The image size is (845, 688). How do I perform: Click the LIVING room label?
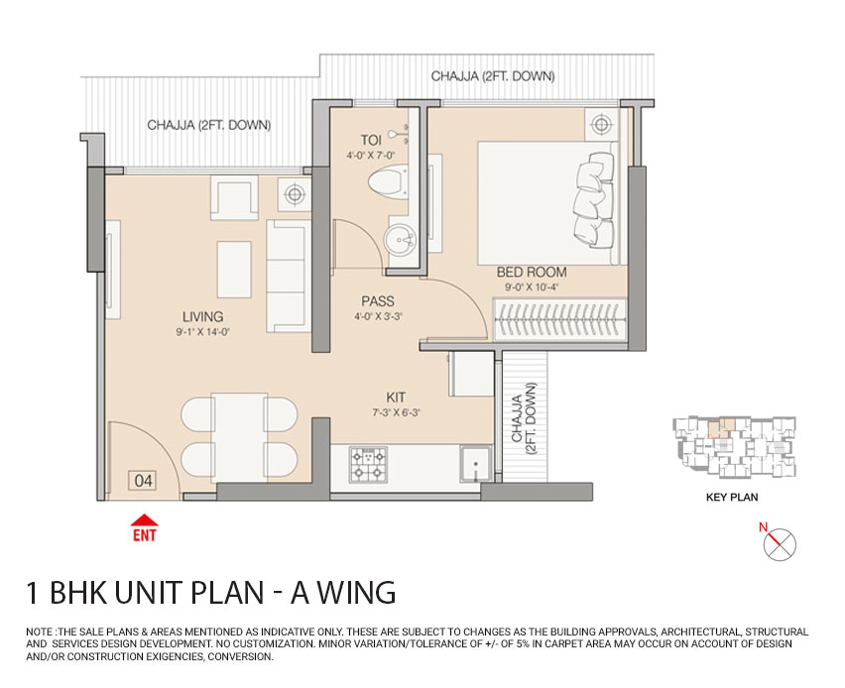click(x=202, y=317)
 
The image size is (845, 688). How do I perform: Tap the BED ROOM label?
click(x=532, y=272)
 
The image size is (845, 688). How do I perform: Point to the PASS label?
click(x=378, y=301)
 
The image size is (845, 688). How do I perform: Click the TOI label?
click(x=371, y=140)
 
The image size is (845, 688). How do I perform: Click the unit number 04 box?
click(x=144, y=481)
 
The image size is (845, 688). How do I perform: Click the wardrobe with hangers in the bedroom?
click(x=560, y=321)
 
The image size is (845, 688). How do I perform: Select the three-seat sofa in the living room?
click(x=289, y=277)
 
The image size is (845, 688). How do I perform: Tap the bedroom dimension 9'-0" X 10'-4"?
click(x=532, y=287)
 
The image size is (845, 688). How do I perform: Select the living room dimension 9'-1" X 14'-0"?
click(x=202, y=333)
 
